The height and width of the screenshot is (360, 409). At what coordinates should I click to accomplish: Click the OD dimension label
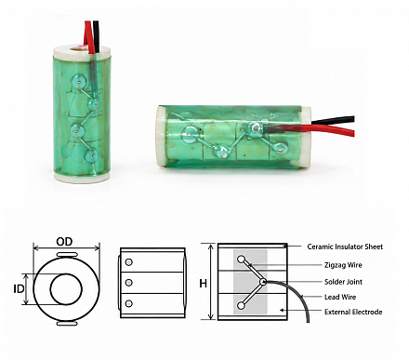[x=64, y=242]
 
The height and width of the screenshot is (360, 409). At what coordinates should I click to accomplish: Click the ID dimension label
[x=19, y=289]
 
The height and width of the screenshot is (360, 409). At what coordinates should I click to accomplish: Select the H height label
[x=204, y=284]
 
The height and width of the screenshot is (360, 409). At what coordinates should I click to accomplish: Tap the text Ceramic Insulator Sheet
[x=345, y=247]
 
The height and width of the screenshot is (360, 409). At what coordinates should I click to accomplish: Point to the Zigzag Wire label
[x=343, y=265]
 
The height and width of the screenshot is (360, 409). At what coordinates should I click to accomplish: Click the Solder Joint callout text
[x=343, y=282]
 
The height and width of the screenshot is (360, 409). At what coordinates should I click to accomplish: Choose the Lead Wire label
[x=340, y=297]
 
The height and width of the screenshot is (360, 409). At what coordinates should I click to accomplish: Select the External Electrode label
[x=353, y=312]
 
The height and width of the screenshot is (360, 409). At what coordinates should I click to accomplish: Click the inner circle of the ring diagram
[x=66, y=273]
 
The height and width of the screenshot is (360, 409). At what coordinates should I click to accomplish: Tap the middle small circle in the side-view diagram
[x=129, y=283]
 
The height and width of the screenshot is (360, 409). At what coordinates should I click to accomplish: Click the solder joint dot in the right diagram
[x=263, y=282]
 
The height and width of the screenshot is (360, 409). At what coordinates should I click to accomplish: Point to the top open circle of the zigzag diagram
[x=241, y=260]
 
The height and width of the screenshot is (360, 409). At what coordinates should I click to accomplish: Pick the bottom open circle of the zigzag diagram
[x=241, y=306]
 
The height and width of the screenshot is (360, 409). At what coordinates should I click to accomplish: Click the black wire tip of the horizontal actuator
[x=352, y=119]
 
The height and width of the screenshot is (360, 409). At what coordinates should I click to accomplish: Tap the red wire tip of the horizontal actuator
[x=352, y=132]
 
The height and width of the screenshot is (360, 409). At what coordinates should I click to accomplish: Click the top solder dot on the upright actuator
[x=78, y=81]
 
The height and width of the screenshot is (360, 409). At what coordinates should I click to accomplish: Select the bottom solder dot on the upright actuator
[x=91, y=155]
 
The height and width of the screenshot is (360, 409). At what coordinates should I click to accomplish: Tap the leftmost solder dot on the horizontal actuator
[x=188, y=135]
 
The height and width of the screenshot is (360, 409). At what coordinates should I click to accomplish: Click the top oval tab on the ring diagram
[x=67, y=255]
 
